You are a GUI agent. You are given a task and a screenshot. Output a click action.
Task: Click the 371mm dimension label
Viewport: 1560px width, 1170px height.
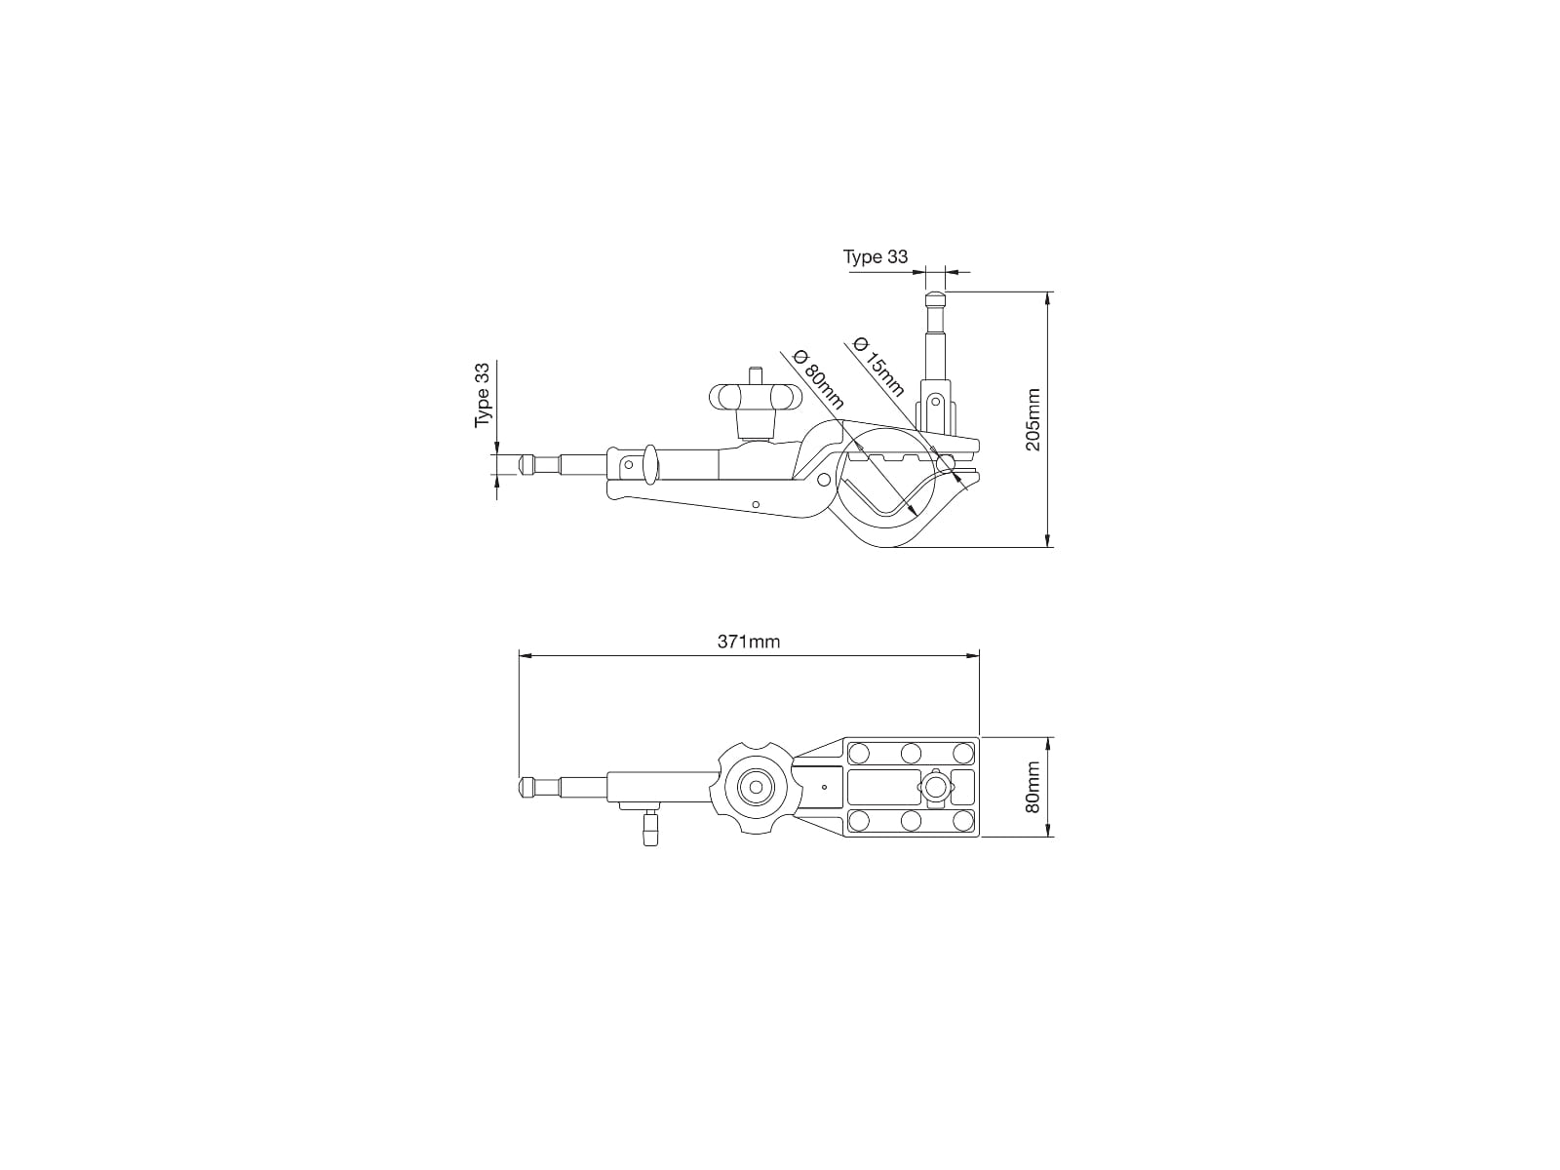[749, 642]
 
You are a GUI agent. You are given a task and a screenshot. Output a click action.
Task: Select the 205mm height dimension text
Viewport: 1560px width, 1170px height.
[1033, 419]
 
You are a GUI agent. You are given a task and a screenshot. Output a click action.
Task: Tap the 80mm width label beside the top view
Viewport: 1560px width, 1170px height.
[1033, 787]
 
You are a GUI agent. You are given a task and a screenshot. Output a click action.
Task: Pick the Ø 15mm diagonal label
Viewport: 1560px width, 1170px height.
[877, 366]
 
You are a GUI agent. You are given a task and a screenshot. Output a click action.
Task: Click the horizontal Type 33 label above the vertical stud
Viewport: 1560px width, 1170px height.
[875, 256]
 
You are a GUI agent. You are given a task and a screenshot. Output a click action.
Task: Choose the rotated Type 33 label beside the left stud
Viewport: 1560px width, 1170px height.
[483, 395]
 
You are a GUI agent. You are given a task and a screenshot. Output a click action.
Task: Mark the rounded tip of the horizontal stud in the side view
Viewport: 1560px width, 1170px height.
[526, 463]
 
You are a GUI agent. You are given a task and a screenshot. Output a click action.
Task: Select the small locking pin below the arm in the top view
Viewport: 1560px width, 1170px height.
[651, 831]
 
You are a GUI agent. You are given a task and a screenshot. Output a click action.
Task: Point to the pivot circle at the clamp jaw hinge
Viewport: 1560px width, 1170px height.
[825, 479]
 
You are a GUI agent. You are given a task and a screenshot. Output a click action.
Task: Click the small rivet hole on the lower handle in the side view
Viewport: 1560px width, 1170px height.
[757, 504]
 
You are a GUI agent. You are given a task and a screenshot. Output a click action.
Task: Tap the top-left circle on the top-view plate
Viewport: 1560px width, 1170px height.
[859, 753]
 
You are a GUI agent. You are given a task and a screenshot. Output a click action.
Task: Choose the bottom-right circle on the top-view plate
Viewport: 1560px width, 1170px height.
[962, 820]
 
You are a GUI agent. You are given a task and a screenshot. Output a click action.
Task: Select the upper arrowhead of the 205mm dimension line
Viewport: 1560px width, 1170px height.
[1048, 297]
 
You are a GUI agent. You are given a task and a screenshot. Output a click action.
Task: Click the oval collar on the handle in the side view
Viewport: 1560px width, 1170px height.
[647, 462]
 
